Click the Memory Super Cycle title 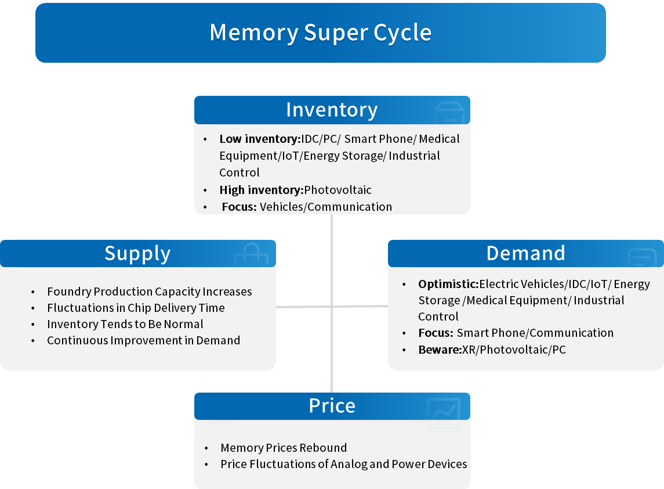pyautogui.click(x=320, y=33)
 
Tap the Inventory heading pyautogui.click(x=332, y=110)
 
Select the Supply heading pyautogui.click(x=137, y=254)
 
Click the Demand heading pyautogui.click(x=525, y=253)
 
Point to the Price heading pyautogui.click(x=332, y=406)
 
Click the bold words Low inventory pyautogui.click(x=259, y=139)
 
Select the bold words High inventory pyautogui.click(x=261, y=190)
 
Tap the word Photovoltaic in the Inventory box pyautogui.click(x=338, y=190)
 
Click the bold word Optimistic pyautogui.click(x=448, y=285)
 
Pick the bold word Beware pyautogui.click(x=439, y=350)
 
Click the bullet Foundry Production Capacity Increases pyautogui.click(x=150, y=292)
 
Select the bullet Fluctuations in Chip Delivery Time pyautogui.click(x=136, y=308)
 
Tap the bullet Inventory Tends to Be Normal pyautogui.click(x=125, y=324)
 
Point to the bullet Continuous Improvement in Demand pyautogui.click(x=143, y=340)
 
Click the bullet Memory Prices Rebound pyautogui.click(x=284, y=448)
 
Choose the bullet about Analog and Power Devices pyautogui.click(x=343, y=464)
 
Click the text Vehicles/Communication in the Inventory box pyautogui.click(x=326, y=207)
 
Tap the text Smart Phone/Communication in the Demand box pyautogui.click(x=535, y=333)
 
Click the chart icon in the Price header pyautogui.click(x=443, y=413)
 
